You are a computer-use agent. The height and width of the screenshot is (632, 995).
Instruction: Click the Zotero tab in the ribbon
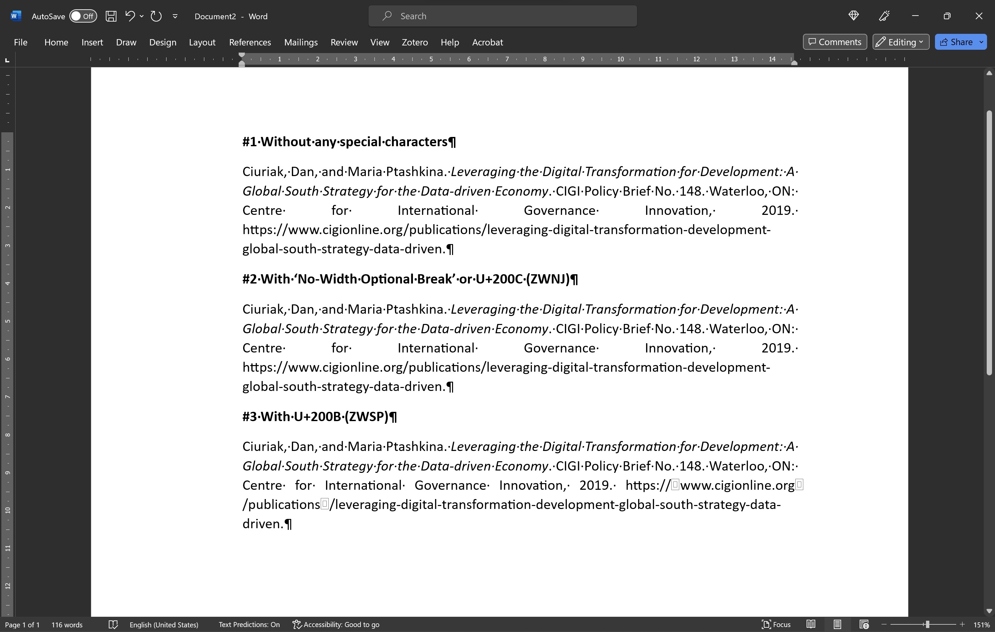pyautogui.click(x=415, y=42)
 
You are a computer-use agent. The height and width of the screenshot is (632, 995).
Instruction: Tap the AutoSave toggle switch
pyautogui.click(x=83, y=16)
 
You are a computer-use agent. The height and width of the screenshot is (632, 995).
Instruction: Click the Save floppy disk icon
pyautogui.click(x=111, y=16)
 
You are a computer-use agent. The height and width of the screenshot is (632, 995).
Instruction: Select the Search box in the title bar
pyautogui.click(x=502, y=16)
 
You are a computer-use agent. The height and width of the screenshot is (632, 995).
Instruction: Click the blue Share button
pyautogui.click(x=956, y=42)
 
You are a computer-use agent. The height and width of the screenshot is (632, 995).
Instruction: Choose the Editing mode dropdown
pyautogui.click(x=901, y=42)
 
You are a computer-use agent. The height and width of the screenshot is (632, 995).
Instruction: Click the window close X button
pyautogui.click(x=978, y=16)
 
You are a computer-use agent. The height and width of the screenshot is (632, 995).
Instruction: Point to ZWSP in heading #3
pyautogui.click(x=366, y=416)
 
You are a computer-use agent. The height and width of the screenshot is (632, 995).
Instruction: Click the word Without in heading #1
pyautogui.click(x=286, y=142)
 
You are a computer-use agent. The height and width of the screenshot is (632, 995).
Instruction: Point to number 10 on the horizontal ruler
pyautogui.click(x=620, y=59)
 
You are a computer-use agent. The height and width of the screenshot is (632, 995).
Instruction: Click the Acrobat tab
pyautogui.click(x=488, y=42)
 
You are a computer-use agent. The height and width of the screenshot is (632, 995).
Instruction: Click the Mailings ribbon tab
pyautogui.click(x=301, y=42)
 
